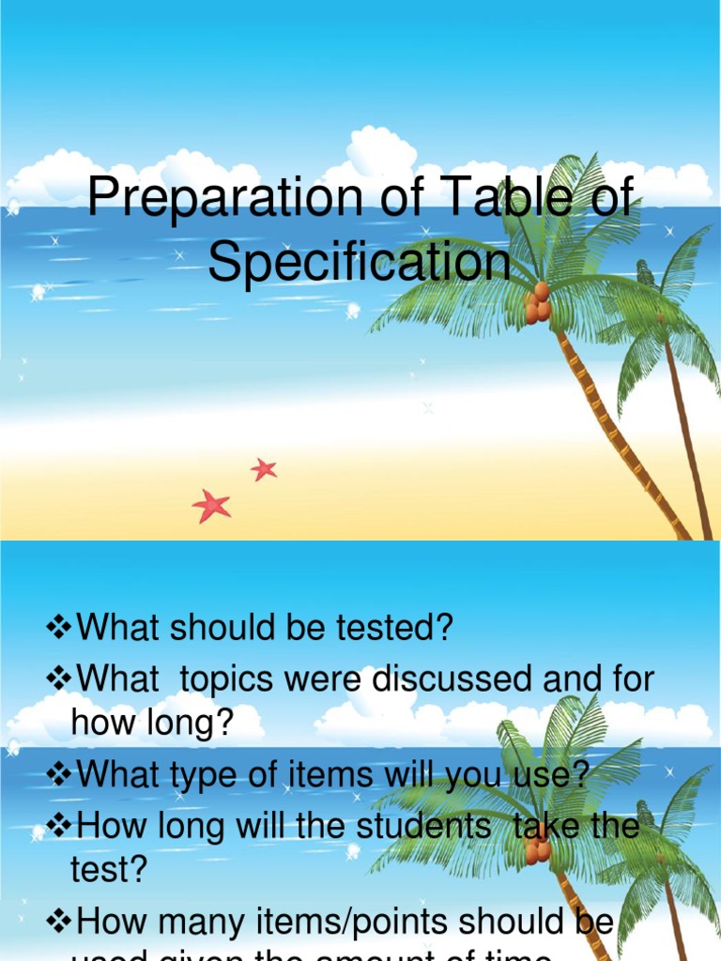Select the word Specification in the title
pyautogui.click(x=360, y=262)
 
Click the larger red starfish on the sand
pyautogui.click(x=211, y=506)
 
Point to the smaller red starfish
pyautogui.click(x=264, y=468)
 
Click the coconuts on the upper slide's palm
pyautogui.click(x=538, y=305)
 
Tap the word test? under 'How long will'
pyautogui.click(x=110, y=869)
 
